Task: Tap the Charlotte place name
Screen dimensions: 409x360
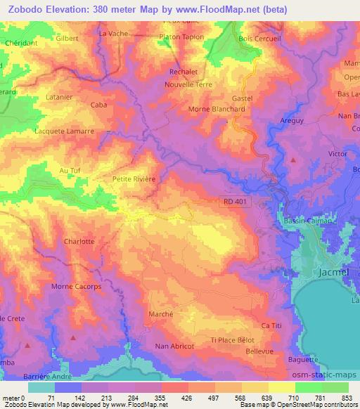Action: (x=79, y=242)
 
